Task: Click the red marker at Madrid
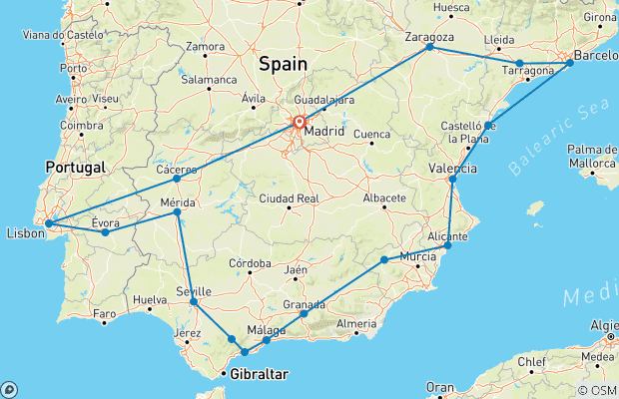click(x=299, y=123)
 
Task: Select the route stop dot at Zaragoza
click(x=429, y=47)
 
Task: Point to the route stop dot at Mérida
click(x=177, y=212)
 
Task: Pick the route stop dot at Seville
click(x=194, y=301)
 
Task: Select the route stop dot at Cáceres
click(x=177, y=179)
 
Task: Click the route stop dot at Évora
click(x=105, y=232)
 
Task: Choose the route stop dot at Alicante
click(x=448, y=245)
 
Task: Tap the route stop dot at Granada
click(x=304, y=314)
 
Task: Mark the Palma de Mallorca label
click(x=591, y=155)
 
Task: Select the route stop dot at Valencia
click(x=452, y=181)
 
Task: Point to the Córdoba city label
click(x=252, y=263)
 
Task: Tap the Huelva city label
click(x=148, y=298)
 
